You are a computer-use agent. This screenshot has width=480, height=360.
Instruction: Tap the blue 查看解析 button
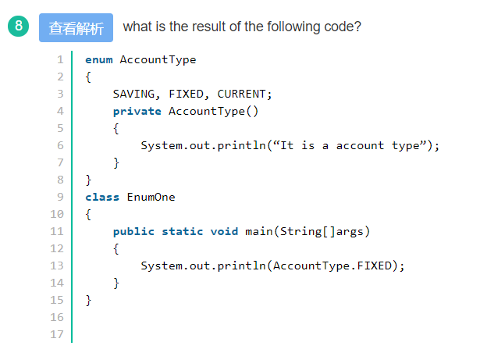point(76,28)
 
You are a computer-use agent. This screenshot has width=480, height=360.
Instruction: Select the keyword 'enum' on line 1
point(99,59)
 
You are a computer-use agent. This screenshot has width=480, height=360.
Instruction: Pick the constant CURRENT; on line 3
point(244,94)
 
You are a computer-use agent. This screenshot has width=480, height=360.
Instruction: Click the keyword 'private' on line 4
point(137,111)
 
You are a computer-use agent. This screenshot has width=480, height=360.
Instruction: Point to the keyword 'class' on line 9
point(102,197)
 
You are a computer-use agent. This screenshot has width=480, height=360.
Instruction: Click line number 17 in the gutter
point(57,334)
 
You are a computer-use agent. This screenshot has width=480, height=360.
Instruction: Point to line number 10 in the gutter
point(57,214)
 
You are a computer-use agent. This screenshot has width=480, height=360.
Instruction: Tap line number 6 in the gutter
point(60,145)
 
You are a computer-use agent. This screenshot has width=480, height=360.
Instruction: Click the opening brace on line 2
point(88,77)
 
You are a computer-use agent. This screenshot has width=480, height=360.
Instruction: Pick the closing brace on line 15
point(88,300)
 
